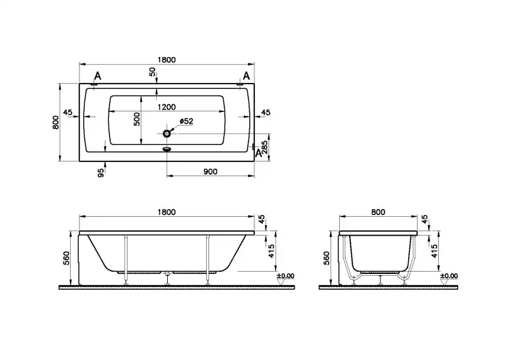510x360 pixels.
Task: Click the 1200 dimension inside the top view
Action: (x=167, y=107)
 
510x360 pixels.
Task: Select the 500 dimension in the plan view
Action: (x=137, y=119)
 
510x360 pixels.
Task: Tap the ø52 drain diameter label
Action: (x=186, y=121)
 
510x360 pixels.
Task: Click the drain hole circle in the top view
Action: (x=167, y=133)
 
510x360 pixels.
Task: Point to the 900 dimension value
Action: (x=210, y=171)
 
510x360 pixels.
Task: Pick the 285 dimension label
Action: (x=265, y=147)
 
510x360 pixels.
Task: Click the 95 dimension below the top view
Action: (x=101, y=173)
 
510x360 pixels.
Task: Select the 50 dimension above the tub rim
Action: (x=153, y=72)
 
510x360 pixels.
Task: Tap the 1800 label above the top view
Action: (x=167, y=60)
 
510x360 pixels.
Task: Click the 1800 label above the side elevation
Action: (x=167, y=212)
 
